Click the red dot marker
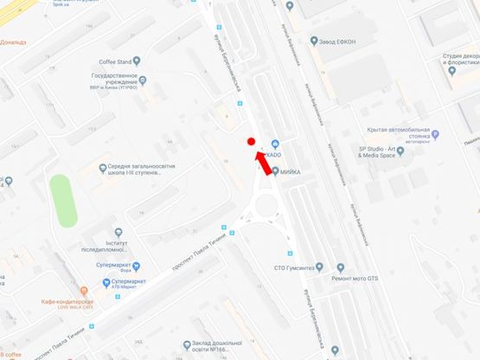click(251, 141)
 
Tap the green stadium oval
click(62, 200)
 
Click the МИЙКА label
click(288, 171)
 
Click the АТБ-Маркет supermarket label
click(124, 276)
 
